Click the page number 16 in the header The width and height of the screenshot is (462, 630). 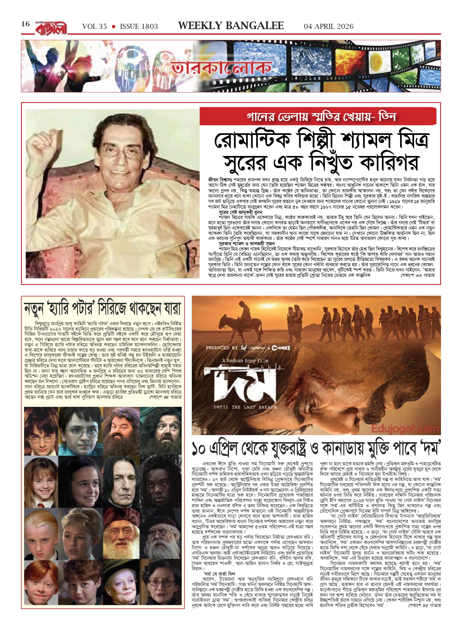click(25, 24)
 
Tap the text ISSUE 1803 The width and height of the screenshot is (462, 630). click(139, 27)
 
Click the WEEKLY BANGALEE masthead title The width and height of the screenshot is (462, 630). click(231, 26)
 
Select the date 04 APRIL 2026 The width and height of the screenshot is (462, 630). click(328, 27)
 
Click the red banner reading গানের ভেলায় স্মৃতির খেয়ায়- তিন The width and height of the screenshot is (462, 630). click(318, 116)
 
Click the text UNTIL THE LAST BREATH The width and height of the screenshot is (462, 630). click(245, 407)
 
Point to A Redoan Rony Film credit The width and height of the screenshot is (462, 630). click(245, 361)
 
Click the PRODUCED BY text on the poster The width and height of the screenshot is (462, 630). click(222, 348)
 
